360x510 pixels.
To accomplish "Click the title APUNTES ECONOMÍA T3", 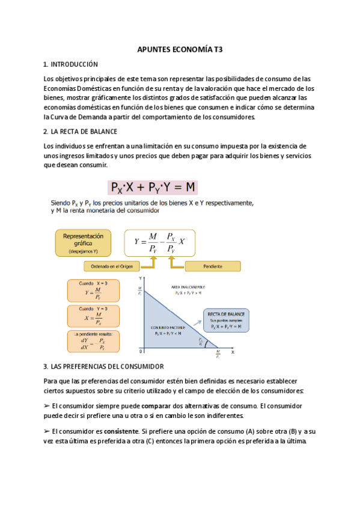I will (180, 50).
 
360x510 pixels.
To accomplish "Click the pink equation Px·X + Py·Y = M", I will (153, 187).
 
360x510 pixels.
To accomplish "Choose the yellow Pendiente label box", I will (212, 266).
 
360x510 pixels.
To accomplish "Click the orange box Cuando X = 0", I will (93, 290).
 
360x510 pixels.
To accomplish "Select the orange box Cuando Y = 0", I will (93, 315).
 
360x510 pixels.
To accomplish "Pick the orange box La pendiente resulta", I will (93, 341).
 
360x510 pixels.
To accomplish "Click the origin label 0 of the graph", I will (140, 351).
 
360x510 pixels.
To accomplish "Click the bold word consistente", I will (120, 432).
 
